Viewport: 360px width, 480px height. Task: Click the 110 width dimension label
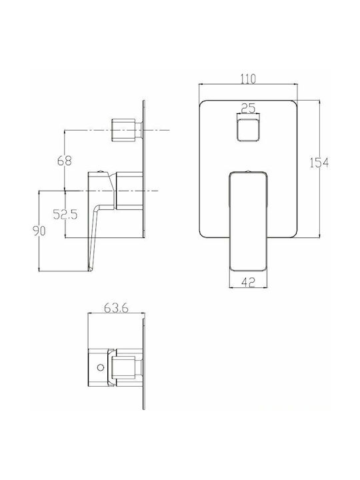click(247, 79)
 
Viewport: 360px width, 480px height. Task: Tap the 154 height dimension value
click(319, 163)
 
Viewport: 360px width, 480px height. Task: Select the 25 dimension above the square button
click(248, 108)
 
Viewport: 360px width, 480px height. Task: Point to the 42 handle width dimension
click(248, 282)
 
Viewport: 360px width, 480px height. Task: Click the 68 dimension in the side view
click(64, 161)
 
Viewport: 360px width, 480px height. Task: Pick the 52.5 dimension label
click(65, 214)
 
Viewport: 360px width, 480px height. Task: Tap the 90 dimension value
click(39, 231)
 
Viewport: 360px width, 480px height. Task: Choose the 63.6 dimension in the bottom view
click(116, 308)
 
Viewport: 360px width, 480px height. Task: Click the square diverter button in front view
click(248, 130)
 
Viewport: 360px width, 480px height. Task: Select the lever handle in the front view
click(248, 221)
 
